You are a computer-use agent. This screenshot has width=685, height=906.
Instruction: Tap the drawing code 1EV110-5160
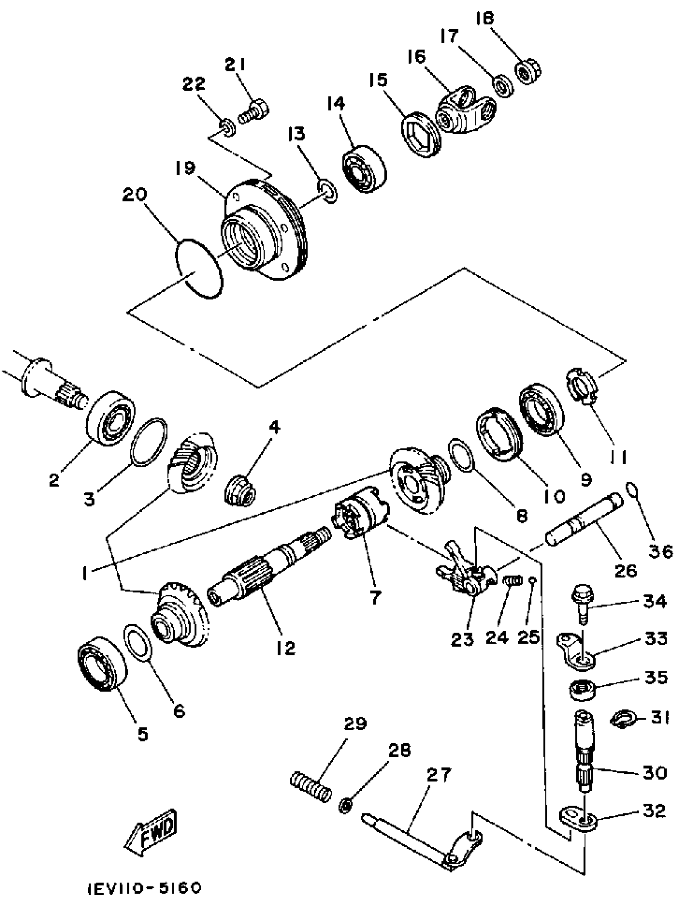pos(144,889)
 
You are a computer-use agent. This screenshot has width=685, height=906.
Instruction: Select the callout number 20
pos(134,195)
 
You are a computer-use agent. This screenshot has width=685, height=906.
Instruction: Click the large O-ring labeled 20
pos(199,268)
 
